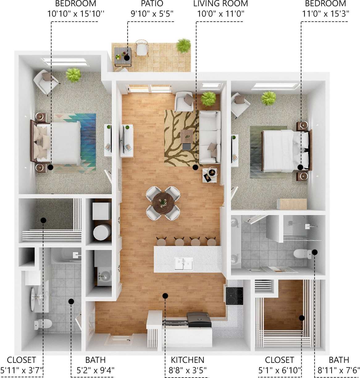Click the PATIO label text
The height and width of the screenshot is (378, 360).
point(152,4)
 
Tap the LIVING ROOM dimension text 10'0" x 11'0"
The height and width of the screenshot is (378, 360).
point(220,14)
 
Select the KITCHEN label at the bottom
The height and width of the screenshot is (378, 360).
point(187,360)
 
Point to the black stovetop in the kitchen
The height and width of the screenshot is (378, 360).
point(234,296)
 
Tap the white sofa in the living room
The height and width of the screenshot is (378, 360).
point(210,137)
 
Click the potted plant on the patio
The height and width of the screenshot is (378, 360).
point(183,46)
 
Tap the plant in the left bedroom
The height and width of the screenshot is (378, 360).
point(73,75)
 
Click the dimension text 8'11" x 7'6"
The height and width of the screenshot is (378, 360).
point(339,370)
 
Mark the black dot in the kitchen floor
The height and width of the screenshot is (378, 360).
point(165,296)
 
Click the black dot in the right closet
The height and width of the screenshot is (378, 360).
point(302,318)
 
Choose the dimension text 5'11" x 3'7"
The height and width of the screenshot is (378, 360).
point(22,370)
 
